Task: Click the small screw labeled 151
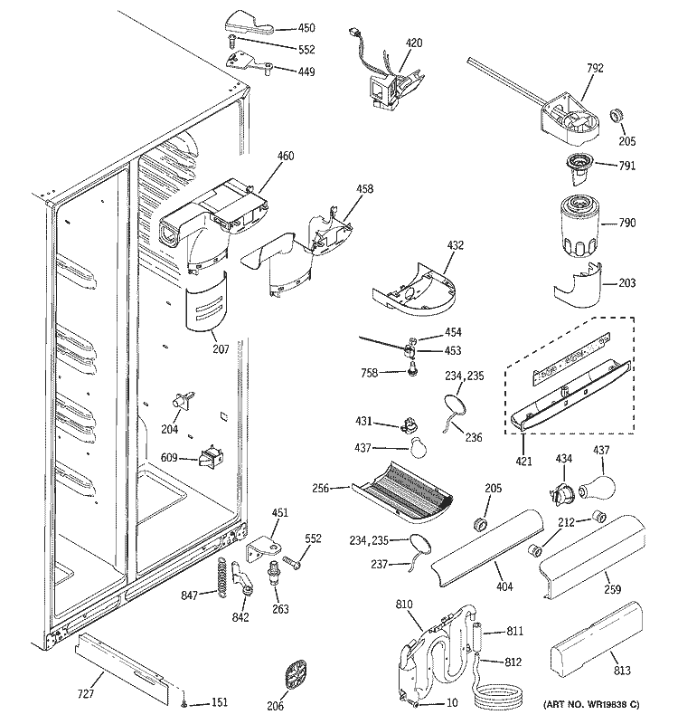184,703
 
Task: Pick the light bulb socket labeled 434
557,493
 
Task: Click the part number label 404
504,587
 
